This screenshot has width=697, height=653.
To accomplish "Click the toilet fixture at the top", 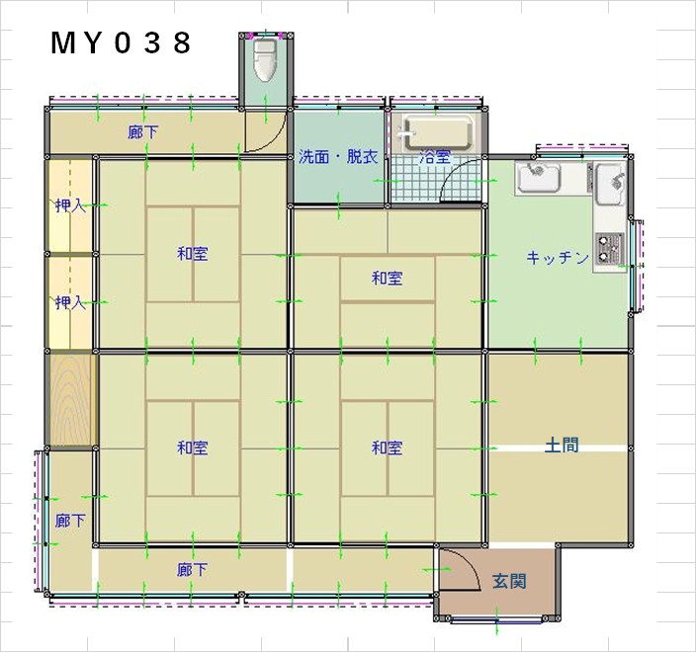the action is (264, 59).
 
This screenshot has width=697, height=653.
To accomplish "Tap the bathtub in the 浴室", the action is (437, 133).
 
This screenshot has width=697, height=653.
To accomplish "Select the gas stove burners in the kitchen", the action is (609, 248).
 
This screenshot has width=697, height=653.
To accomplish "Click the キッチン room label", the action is (558, 258).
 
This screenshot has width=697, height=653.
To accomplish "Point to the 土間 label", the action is (562, 445).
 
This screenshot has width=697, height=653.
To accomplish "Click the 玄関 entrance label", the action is (509, 581).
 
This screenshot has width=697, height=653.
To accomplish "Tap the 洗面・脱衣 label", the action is (338, 157).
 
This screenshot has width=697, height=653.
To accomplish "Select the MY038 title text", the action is (121, 43).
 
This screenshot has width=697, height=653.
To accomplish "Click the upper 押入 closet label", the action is (70, 205).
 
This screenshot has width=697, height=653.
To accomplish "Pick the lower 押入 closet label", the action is (70, 302).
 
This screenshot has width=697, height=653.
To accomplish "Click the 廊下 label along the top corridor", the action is (142, 132).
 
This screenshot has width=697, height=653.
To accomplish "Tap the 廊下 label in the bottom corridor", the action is (192, 569).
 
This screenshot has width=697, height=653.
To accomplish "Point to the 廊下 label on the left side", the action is (70, 521).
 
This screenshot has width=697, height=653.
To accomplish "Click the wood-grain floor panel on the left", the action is (71, 399).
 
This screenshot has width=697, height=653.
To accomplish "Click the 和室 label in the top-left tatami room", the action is (193, 254).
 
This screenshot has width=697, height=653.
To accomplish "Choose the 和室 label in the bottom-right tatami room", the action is (388, 448).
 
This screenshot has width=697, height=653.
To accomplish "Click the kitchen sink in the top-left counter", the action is (538, 177).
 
